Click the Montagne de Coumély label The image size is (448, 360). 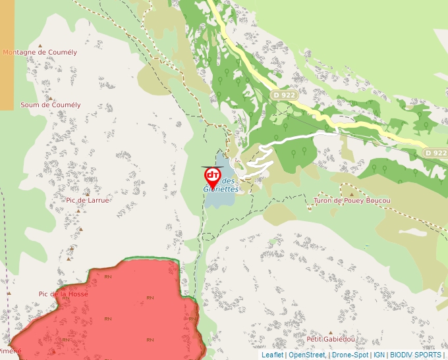point(40,52)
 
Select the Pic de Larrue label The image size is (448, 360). point(88,199)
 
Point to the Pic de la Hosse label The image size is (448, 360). point(63,294)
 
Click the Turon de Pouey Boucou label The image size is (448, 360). point(352,200)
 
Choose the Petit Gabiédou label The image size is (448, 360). point(331,340)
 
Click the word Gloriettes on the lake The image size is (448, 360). point(221,189)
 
